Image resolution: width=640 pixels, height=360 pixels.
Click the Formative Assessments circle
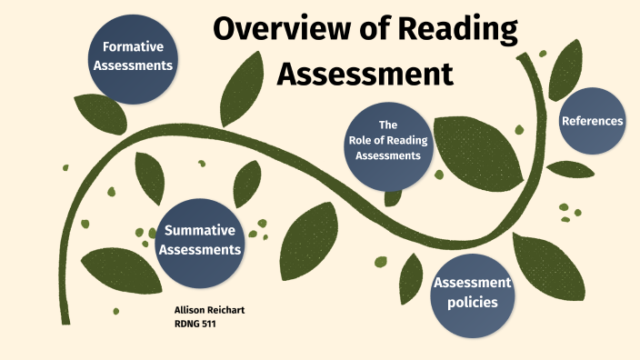click(137, 56)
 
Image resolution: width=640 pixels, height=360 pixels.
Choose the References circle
click(592, 121)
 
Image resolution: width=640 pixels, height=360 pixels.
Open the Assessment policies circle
click(472, 292)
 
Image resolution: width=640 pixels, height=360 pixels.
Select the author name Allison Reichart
click(209, 310)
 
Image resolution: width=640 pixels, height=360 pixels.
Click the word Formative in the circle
click(137, 47)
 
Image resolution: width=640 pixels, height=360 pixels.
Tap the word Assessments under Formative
click(137, 65)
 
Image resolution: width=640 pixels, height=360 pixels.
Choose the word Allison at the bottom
click(191, 310)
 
